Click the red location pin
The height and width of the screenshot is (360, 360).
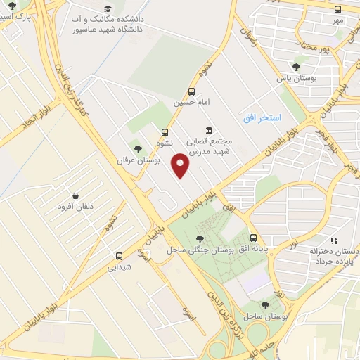tap(181, 166)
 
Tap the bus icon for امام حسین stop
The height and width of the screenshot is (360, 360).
tap(192, 91)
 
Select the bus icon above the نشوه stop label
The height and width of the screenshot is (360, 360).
tap(165, 131)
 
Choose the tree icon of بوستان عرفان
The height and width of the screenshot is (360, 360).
tap(138, 148)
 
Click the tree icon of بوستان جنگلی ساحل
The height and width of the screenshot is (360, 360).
tap(202, 239)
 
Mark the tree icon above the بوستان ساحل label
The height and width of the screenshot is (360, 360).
tap(264, 304)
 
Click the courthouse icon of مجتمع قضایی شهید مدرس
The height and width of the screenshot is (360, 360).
tap(209, 130)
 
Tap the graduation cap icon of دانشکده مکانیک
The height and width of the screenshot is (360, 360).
tap(107, 8)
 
